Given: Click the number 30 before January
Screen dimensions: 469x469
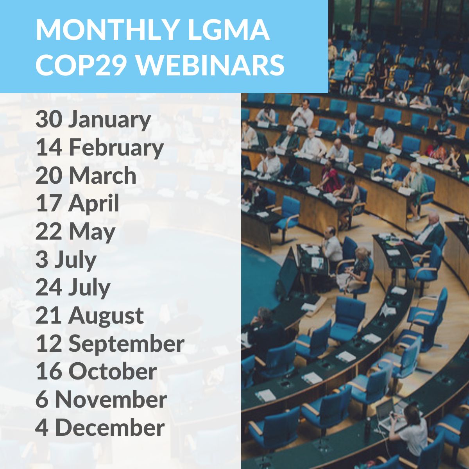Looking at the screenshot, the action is [x=49, y=120].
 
